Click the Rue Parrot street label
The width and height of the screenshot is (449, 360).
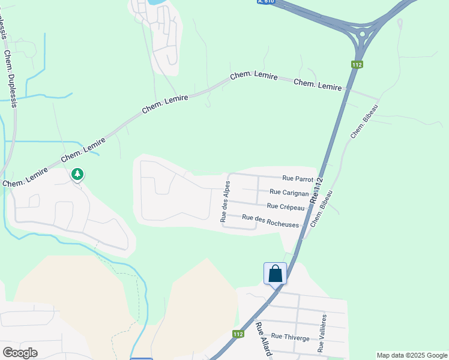pyautogui.click(x=298, y=179)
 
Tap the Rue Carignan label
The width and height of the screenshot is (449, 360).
pyautogui.click(x=289, y=193)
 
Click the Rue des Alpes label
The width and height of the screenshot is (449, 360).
pyautogui.click(x=226, y=201)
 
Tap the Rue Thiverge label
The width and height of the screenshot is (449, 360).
pyautogui.click(x=291, y=338)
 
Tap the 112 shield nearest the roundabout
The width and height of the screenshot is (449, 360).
pyautogui.click(x=357, y=64)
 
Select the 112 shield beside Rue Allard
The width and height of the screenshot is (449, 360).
pyautogui.click(x=238, y=334)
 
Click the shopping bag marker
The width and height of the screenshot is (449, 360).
pyautogui.click(x=275, y=274)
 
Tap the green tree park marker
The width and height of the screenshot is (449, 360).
pyautogui.click(x=77, y=175)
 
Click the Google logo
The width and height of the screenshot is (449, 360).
pyautogui.click(x=20, y=353)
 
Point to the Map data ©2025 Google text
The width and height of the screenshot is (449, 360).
pyautogui.click(x=411, y=355)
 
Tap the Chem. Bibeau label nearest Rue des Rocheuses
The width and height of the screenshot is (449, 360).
pyautogui.click(x=322, y=209)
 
